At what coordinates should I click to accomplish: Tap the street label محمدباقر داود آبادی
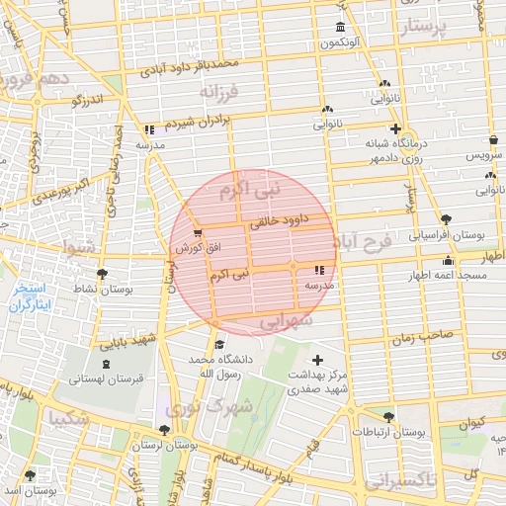pos(191,67)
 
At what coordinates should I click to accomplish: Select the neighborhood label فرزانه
pos(219,93)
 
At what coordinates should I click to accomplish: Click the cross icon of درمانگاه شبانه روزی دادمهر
pos(395,129)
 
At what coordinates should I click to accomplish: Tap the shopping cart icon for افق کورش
pos(200,233)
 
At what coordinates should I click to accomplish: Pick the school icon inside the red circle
pos(318,269)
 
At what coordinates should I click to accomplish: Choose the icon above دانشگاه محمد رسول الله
pos(219,343)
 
